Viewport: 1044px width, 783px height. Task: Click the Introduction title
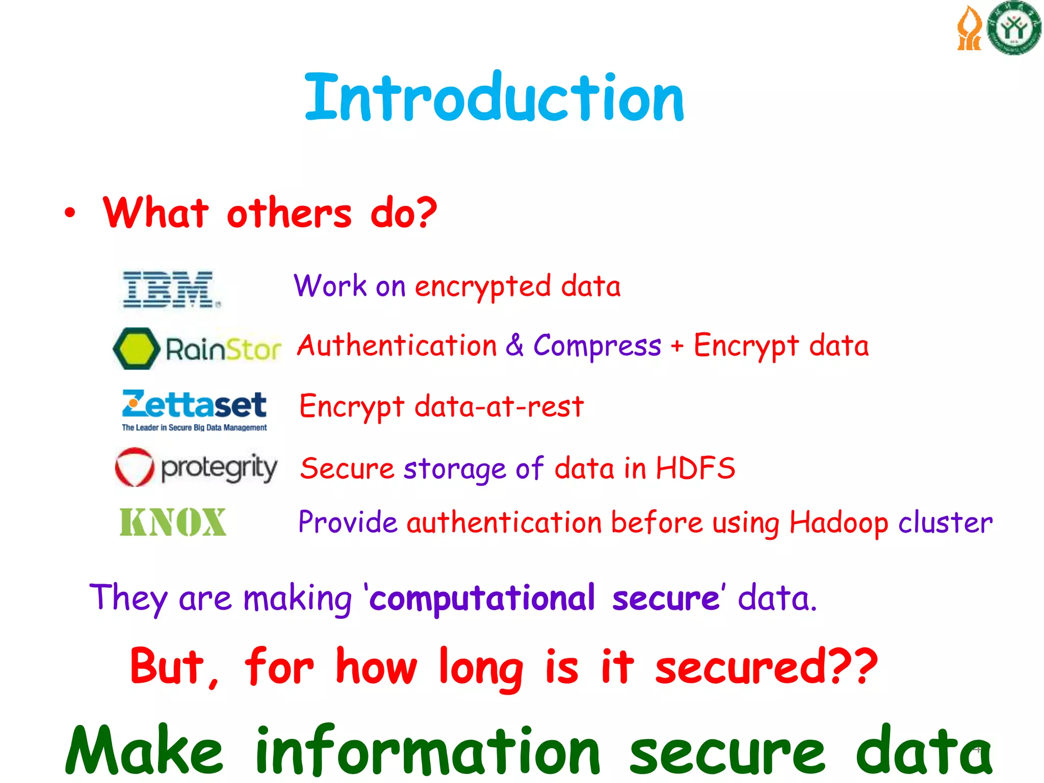click(493, 98)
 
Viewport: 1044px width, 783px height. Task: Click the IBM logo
click(170, 289)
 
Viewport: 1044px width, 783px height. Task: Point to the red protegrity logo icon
click(134, 467)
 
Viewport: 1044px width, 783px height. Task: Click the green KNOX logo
click(172, 522)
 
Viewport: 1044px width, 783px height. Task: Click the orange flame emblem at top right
click(969, 29)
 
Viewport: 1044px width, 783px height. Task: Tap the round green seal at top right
click(1013, 29)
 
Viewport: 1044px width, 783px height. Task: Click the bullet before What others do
click(70, 213)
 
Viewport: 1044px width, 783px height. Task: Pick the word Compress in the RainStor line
click(597, 346)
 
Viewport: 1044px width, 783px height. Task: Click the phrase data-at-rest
click(499, 407)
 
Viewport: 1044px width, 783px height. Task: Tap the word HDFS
click(695, 468)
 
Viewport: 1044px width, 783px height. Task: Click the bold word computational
click(482, 598)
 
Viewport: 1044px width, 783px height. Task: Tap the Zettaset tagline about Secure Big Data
click(194, 428)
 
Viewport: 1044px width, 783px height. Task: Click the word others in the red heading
click(289, 213)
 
